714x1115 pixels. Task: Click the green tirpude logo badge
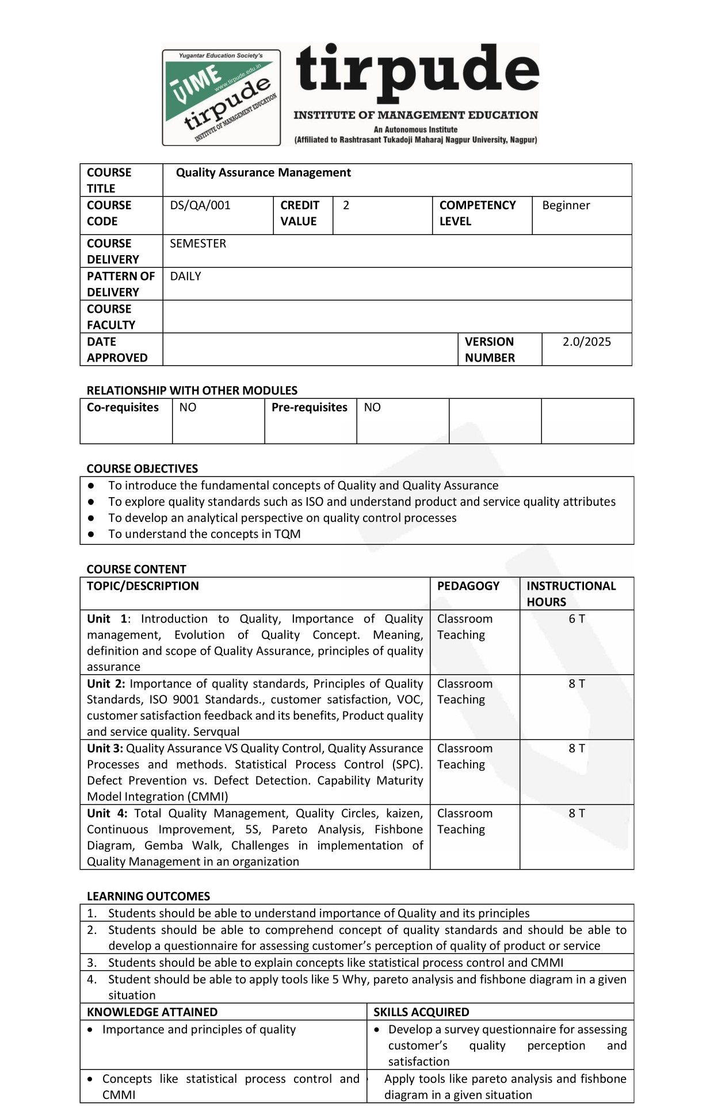coord(222,97)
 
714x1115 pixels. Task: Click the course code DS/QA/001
coord(200,205)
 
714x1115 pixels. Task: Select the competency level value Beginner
coord(566,205)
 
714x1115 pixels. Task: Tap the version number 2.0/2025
coord(586,341)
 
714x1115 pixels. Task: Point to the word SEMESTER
coord(198,243)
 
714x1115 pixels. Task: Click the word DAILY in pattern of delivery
coord(185,276)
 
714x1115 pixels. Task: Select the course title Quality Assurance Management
coord(263,172)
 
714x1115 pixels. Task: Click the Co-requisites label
coord(123,407)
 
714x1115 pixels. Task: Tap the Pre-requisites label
coord(310,407)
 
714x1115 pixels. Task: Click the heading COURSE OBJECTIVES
coord(142,468)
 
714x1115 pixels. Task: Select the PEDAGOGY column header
coord(468,586)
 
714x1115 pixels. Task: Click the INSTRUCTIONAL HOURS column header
coord(571,594)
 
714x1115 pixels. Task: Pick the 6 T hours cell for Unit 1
coord(576,619)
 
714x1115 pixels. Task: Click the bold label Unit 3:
coord(105,748)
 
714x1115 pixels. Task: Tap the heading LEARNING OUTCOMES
coord(148,896)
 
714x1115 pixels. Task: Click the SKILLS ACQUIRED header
coord(421,1012)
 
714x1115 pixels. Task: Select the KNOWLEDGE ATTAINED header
coord(152,1012)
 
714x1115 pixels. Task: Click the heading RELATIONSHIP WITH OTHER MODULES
coord(192,390)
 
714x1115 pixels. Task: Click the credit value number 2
coord(346,205)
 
